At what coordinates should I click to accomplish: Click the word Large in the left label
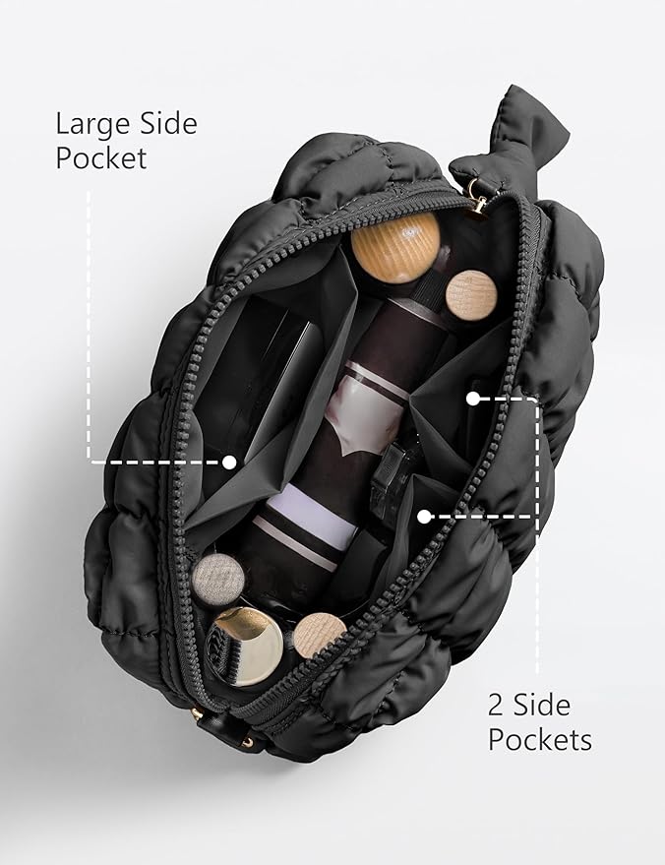point(91,125)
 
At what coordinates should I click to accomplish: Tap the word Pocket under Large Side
point(101,158)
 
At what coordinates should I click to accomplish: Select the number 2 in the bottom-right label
point(496,705)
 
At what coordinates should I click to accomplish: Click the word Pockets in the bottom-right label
point(540,739)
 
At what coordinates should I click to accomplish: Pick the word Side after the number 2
point(541,705)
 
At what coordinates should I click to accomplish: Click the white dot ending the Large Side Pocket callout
point(229,463)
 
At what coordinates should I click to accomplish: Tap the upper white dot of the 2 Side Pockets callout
point(473,399)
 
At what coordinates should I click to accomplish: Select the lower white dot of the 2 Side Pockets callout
point(423,517)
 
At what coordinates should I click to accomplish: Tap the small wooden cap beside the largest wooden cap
point(471,295)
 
